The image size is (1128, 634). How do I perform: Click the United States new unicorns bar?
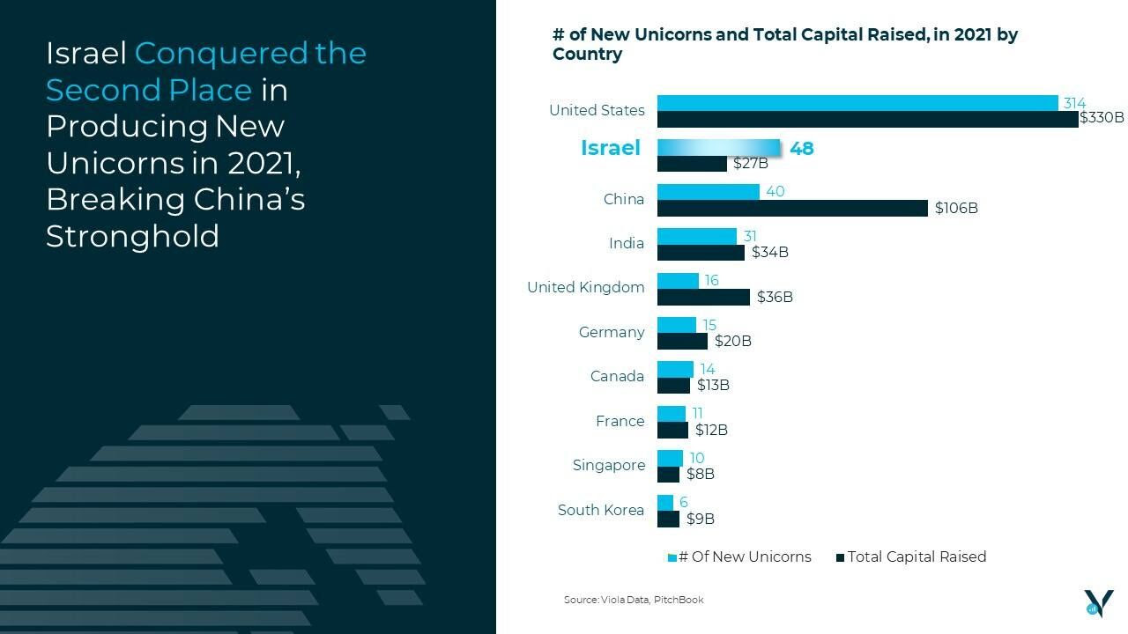857,103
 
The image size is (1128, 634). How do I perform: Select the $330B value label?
1102,118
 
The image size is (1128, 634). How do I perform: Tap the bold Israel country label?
610,148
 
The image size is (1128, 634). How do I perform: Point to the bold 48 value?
802,148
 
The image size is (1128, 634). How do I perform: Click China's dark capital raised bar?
792,208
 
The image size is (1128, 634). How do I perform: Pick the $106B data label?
956,208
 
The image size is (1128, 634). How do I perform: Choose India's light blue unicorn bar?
696,236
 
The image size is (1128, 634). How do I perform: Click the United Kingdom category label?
585,287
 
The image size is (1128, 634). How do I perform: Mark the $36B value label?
775,297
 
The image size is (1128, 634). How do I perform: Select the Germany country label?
611,332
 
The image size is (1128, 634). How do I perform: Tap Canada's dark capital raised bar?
673,386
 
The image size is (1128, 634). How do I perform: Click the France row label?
620,421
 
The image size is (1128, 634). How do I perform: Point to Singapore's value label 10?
696,458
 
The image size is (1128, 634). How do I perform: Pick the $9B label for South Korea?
700,519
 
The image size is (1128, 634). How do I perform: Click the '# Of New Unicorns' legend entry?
740,557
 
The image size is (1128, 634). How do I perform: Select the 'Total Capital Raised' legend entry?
911,557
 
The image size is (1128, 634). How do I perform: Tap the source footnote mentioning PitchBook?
634,600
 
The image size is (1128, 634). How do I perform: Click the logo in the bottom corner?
1098,602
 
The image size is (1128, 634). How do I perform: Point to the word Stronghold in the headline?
132,236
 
